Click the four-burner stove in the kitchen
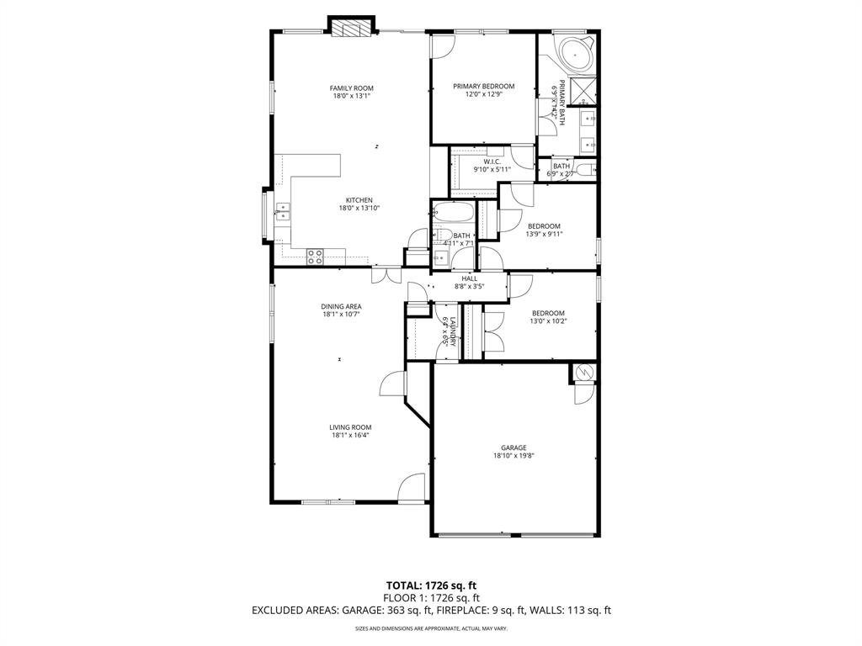click(316, 257)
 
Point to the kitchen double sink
click(283, 211)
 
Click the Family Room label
click(351, 88)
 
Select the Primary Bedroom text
click(483, 86)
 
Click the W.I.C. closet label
click(492, 161)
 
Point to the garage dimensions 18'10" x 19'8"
click(513, 456)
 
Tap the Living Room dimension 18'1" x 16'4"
click(350, 436)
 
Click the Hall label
click(469, 278)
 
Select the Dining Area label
click(341, 306)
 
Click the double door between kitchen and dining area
click(386, 274)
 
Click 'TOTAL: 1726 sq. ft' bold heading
click(430, 585)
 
